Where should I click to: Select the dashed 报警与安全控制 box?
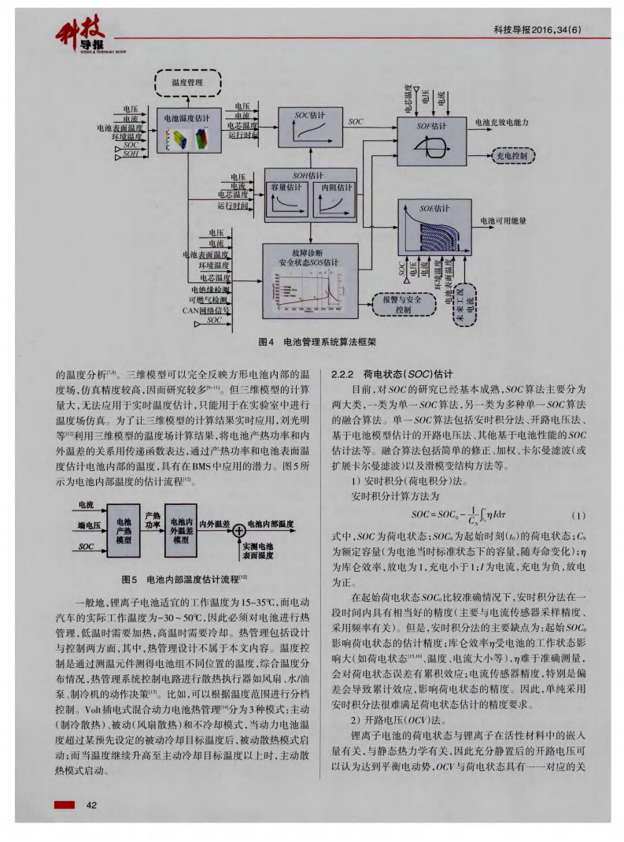403,305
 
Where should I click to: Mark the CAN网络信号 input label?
205,310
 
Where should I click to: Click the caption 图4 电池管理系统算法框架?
315,343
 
